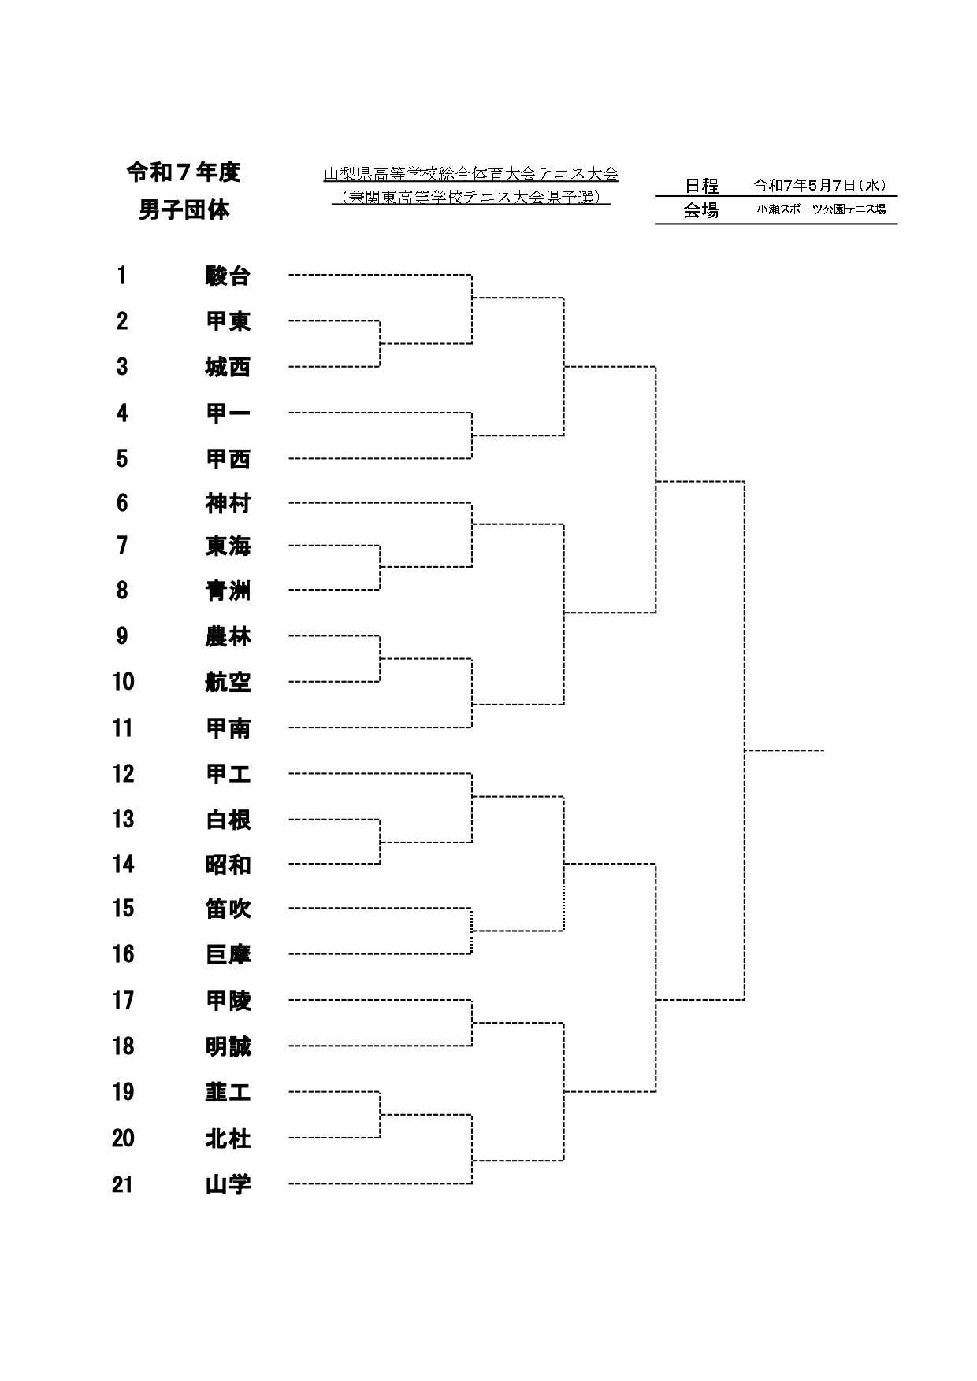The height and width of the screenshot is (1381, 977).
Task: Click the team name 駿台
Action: pyautogui.click(x=228, y=276)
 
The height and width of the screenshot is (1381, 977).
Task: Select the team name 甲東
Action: pyautogui.click(x=228, y=321)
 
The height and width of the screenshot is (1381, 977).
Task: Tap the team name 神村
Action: pyautogui.click(x=228, y=503)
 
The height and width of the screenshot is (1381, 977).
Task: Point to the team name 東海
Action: pyautogui.click(x=228, y=546)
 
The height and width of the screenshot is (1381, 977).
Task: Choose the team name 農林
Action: pyautogui.click(x=228, y=636)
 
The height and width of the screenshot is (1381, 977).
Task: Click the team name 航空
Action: pyautogui.click(x=228, y=682)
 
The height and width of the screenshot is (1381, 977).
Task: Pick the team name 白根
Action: pyautogui.click(x=228, y=820)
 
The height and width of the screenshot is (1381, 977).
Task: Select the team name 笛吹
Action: pyautogui.click(x=228, y=909)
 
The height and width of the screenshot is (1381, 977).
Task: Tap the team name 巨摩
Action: pyautogui.click(x=228, y=954)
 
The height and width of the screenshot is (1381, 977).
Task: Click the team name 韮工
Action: pyautogui.click(x=228, y=1092)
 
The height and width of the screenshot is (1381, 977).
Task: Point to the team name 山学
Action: pyautogui.click(x=228, y=1184)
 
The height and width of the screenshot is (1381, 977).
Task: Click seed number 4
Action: pyautogui.click(x=122, y=413)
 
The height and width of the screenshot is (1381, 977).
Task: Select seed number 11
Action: pyautogui.click(x=123, y=728)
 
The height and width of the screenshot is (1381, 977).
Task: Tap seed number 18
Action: pyautogui.click(x=123, y=1046)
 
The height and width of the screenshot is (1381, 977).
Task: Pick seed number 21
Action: pyautogui.click(x=123, y=1184)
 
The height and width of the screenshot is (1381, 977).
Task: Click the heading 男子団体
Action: pyautogui.click(x=184, y=211)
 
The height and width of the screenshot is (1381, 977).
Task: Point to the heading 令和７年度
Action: pyautogui.click(x=184, y=172)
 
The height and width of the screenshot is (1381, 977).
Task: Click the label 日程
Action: pyautogui.click(x=701, y=186)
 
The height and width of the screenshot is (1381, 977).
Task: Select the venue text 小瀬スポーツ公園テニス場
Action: pyautogui.click(x=821, y=209)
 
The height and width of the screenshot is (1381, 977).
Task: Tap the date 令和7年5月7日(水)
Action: pyautogui.click(x=820, y=186)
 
